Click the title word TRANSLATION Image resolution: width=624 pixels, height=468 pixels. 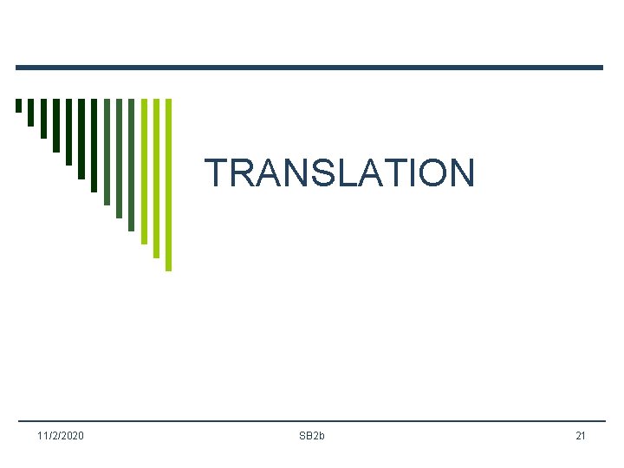[x=340, y=172]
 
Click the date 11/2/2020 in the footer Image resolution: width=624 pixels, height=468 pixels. [x=61, y=435]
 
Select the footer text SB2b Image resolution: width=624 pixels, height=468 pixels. [x=312, y=435]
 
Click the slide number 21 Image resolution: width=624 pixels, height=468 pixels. [x=581, y=435]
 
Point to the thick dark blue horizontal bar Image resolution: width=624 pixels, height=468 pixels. [x=309, y=68]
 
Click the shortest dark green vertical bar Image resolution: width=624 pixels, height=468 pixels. [x=18, y=106]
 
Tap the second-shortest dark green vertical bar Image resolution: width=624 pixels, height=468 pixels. [x=31, y=112]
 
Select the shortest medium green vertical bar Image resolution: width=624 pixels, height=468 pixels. [x=107, y=152]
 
